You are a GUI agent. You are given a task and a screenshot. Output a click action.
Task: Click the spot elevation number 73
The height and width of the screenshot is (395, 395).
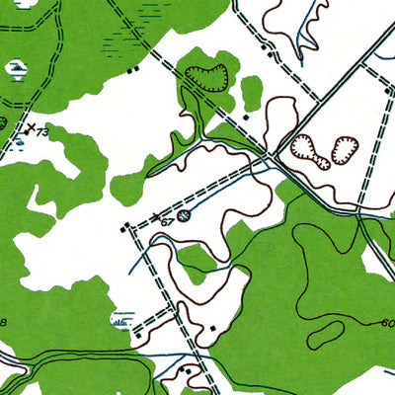pos(42,131)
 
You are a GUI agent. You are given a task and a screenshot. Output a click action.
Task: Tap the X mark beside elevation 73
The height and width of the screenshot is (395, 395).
pos(29,127)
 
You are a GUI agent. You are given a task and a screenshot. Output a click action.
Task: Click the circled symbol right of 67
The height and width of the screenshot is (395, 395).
pos(184,214)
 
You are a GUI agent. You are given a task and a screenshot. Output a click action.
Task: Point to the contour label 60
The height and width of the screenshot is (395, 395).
pos(386,323)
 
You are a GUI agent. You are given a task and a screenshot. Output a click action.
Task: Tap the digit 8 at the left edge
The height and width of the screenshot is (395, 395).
pos(3,323)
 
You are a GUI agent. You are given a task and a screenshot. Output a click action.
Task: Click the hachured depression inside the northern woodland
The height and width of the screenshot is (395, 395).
pos(207,76)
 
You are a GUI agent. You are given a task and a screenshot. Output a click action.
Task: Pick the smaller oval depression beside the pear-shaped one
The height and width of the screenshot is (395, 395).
pos(344,149)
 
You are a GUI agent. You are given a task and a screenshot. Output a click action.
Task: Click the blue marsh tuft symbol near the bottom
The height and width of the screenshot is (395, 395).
pos(122,319)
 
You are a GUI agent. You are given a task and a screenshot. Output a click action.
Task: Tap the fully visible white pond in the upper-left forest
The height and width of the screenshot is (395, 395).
pos(17,68)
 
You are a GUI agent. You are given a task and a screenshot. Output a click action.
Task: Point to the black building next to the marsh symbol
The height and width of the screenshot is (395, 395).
pos(139,334)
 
